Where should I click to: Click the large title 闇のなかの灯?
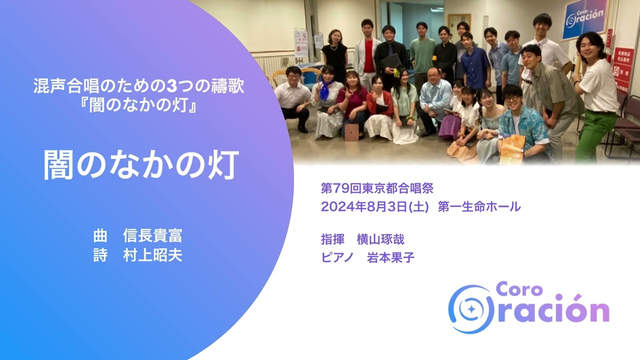tap(140, 165)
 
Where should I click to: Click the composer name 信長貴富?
tap(152, 235)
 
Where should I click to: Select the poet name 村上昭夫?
tap(152, 255)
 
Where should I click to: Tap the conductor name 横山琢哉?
tap(380, 239)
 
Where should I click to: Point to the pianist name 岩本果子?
tap(391, 258)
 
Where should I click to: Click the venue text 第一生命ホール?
tap(478, 206)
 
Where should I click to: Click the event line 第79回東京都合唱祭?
tap(377, 188)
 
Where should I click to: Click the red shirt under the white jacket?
tap(369, 56)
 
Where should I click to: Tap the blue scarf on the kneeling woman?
tap(325, 91)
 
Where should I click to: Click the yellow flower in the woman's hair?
tap(397, 73)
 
